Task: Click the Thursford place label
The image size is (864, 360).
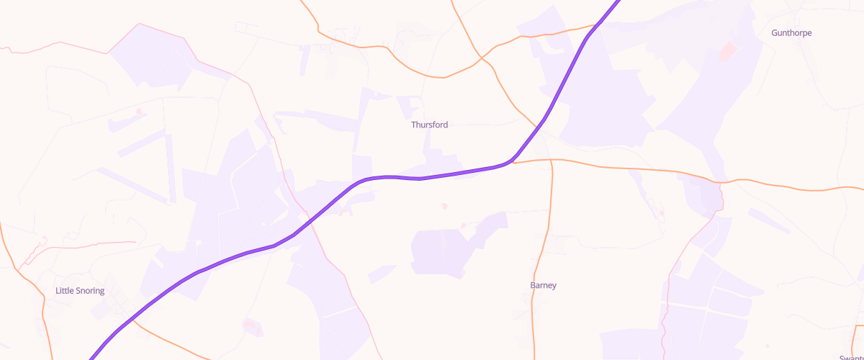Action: [429, 125]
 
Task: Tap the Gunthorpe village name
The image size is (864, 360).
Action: [791, 32]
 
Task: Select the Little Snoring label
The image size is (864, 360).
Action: [80, 291]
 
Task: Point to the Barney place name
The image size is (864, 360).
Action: [543, 285]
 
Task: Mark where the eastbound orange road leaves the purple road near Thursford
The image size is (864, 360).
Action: [513, 161]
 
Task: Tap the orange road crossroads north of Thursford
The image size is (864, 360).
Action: [483, 59]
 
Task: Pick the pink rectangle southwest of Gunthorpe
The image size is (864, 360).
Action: [728, 51]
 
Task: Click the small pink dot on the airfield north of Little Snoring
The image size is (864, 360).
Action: [138, 111]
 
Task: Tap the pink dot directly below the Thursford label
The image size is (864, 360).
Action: [444, 206]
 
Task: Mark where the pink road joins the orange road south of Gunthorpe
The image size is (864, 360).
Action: [720, 182]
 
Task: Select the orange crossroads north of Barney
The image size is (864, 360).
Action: [550, 159]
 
